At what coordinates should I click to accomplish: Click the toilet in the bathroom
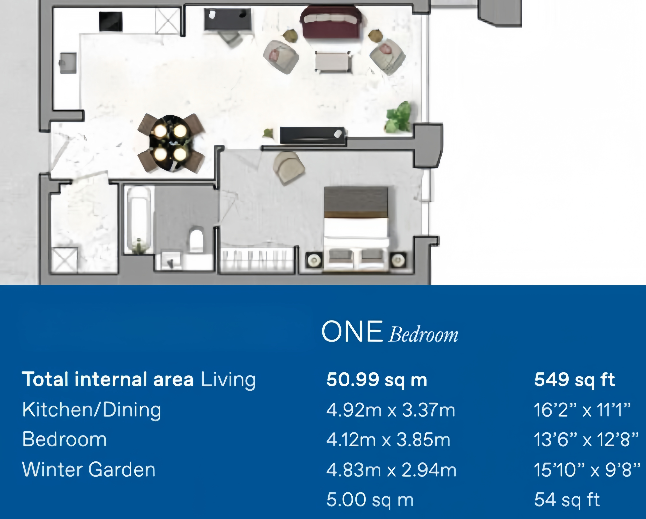197,240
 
